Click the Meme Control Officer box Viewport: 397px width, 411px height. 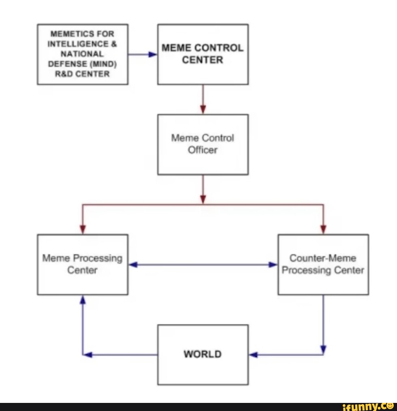pyautogui.click(x=203, y=144)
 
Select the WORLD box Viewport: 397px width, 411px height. pyautogui.click(x=203, y=355)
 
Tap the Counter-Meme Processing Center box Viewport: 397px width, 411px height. pyautogui.click(x=323, y=265)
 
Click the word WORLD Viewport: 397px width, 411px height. pyautogui.click(x=203, y=354)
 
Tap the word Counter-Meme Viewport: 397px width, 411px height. pyautogui.click(x=323, y=258)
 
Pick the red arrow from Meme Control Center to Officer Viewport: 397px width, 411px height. pyautogui.click(x=203, y=99)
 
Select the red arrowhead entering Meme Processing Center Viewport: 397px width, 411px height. pyautogui.click(x=83, y=229)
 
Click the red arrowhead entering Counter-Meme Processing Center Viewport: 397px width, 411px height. pyautogui.click(x=323, y=229)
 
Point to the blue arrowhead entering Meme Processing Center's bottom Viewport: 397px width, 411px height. pyautogui.click(x=83, y=300)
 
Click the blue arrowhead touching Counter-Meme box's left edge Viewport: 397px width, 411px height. pyautogui.click(x=273, y=265)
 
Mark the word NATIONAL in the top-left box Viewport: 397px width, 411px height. pyautogui.click(x=82, y=54)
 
